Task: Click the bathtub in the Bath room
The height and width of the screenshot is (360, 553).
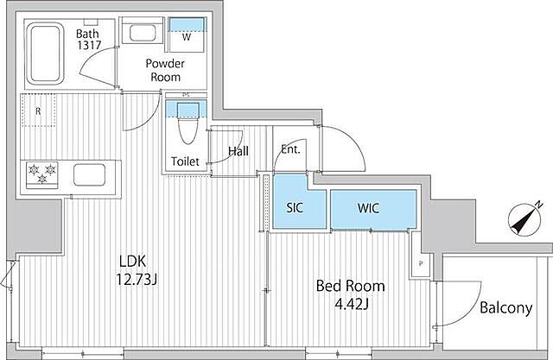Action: (x=44, y=54)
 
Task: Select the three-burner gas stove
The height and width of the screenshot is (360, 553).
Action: (x=42, y=174)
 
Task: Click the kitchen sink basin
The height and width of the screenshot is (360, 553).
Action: (x=89, y=174)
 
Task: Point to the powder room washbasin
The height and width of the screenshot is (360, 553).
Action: (x=142, y=33)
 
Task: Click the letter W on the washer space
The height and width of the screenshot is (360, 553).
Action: (x=187, y=36)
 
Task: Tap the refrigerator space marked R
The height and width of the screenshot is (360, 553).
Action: (x=38, y=111)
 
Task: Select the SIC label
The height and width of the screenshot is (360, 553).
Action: (x=295, y=208)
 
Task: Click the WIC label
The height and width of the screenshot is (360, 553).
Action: (x=369, y=208)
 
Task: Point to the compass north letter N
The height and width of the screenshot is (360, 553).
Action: (x=538, y=205)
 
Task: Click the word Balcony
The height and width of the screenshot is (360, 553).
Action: (x=506, y=308)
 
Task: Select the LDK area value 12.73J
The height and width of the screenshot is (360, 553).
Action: (x=137, y=280)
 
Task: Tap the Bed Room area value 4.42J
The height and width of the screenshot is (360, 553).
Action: (x=352, y=304)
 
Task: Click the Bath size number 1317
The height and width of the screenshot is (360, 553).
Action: (x=89, y=45)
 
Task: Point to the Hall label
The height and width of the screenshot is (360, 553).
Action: (x=238, y=151)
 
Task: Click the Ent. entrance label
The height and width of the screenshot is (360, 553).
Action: (x=290, y=149)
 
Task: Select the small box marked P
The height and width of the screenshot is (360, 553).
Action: (x=421, y=263)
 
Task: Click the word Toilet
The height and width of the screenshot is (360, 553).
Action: (x=185, y=161)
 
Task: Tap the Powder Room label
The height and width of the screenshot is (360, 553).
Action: (x=165, y=70)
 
